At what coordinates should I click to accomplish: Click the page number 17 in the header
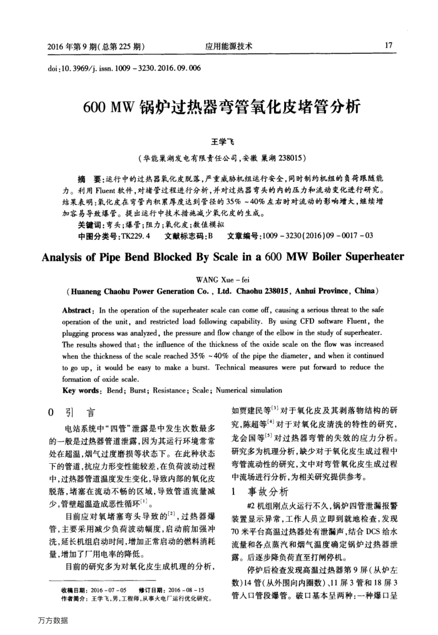[x=389, y=46]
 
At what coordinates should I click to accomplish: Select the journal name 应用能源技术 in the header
[x=229, y=46]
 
